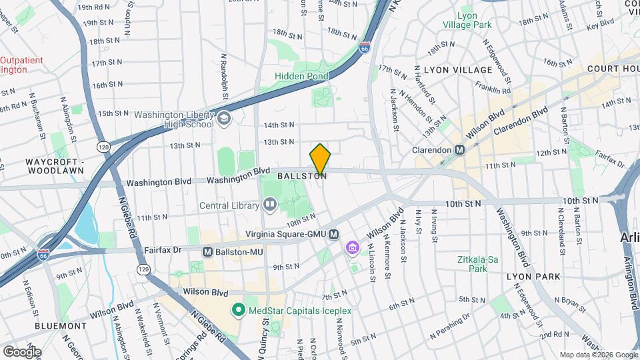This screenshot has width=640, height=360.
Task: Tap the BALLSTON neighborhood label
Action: click(302, 177)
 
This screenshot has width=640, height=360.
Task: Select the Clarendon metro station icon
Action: click(459, 150)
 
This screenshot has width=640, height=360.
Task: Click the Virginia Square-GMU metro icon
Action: click(333, 234)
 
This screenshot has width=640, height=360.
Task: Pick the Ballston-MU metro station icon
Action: click(208, 252)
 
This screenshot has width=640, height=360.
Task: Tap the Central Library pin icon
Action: click(269, 205)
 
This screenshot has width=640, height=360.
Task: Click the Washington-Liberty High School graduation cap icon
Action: click(224, 119)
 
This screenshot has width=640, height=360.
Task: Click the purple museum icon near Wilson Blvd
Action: click(351, 249)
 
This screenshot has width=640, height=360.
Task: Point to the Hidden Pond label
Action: click(301, 77)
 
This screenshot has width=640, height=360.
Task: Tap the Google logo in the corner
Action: click(22, 351)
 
